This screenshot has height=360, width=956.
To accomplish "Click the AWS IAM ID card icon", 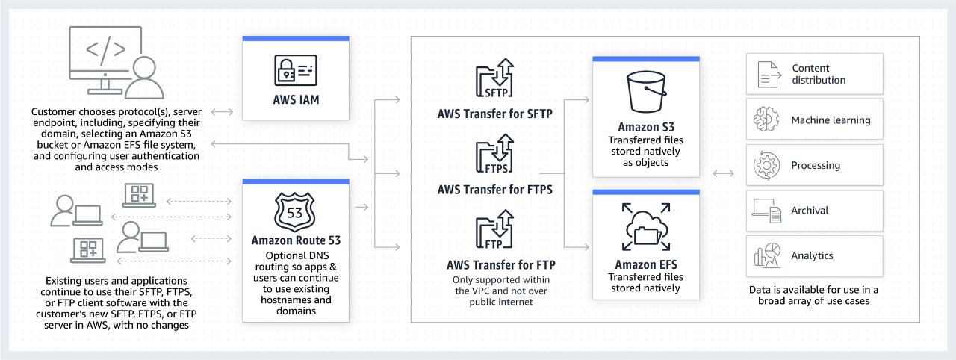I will [x=296, y=71].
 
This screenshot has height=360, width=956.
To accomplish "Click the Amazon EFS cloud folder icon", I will [x=645, y=229].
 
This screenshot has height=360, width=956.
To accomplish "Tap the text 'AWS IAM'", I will [x=296, y=100].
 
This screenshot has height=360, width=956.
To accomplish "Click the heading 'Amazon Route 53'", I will [x=296, y=240].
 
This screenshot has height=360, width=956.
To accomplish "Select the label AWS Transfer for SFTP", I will [x=494, y=114].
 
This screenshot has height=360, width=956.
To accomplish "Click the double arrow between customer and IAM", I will [x=223, y=112].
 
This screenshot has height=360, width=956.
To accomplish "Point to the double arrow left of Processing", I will [x=723, y=173].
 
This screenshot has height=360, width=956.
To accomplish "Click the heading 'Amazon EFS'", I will [x=645, y=264].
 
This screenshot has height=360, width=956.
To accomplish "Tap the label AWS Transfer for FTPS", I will [x=494, y=189].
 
